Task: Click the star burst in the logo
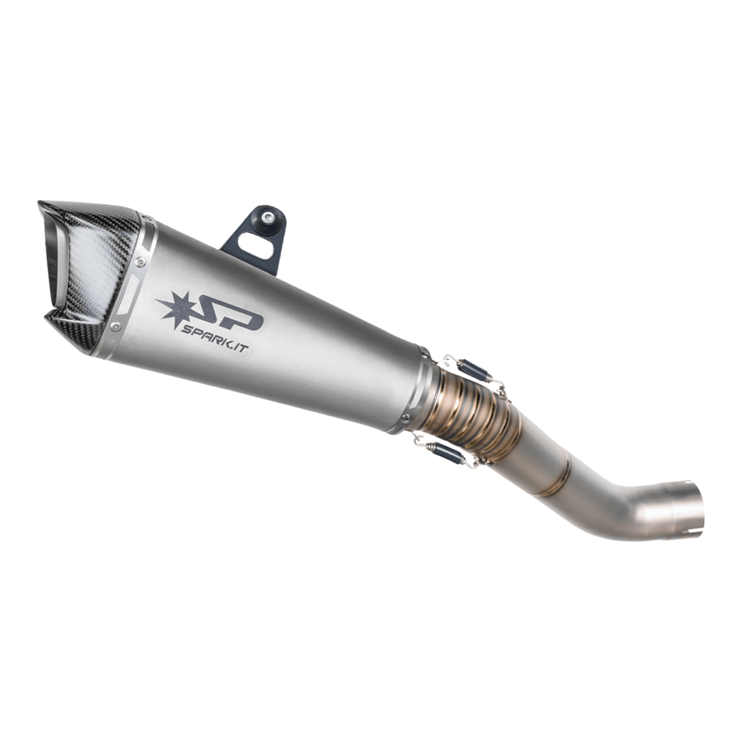(175, 309)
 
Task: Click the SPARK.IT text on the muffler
(214, 339)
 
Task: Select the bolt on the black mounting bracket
(268, 217)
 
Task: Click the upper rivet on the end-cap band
(140, 261)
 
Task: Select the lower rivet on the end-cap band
(115, 327)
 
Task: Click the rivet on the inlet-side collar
(406, 418)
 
